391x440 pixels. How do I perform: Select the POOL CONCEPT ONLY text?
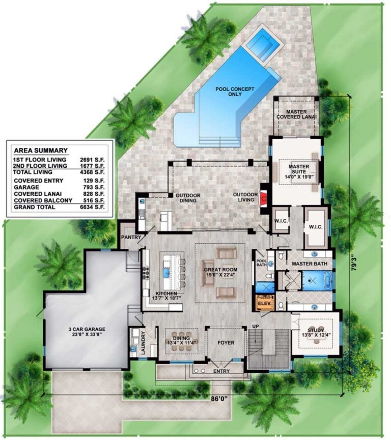coord(235,92)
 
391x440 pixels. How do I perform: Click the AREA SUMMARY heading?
coord(40,150)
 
